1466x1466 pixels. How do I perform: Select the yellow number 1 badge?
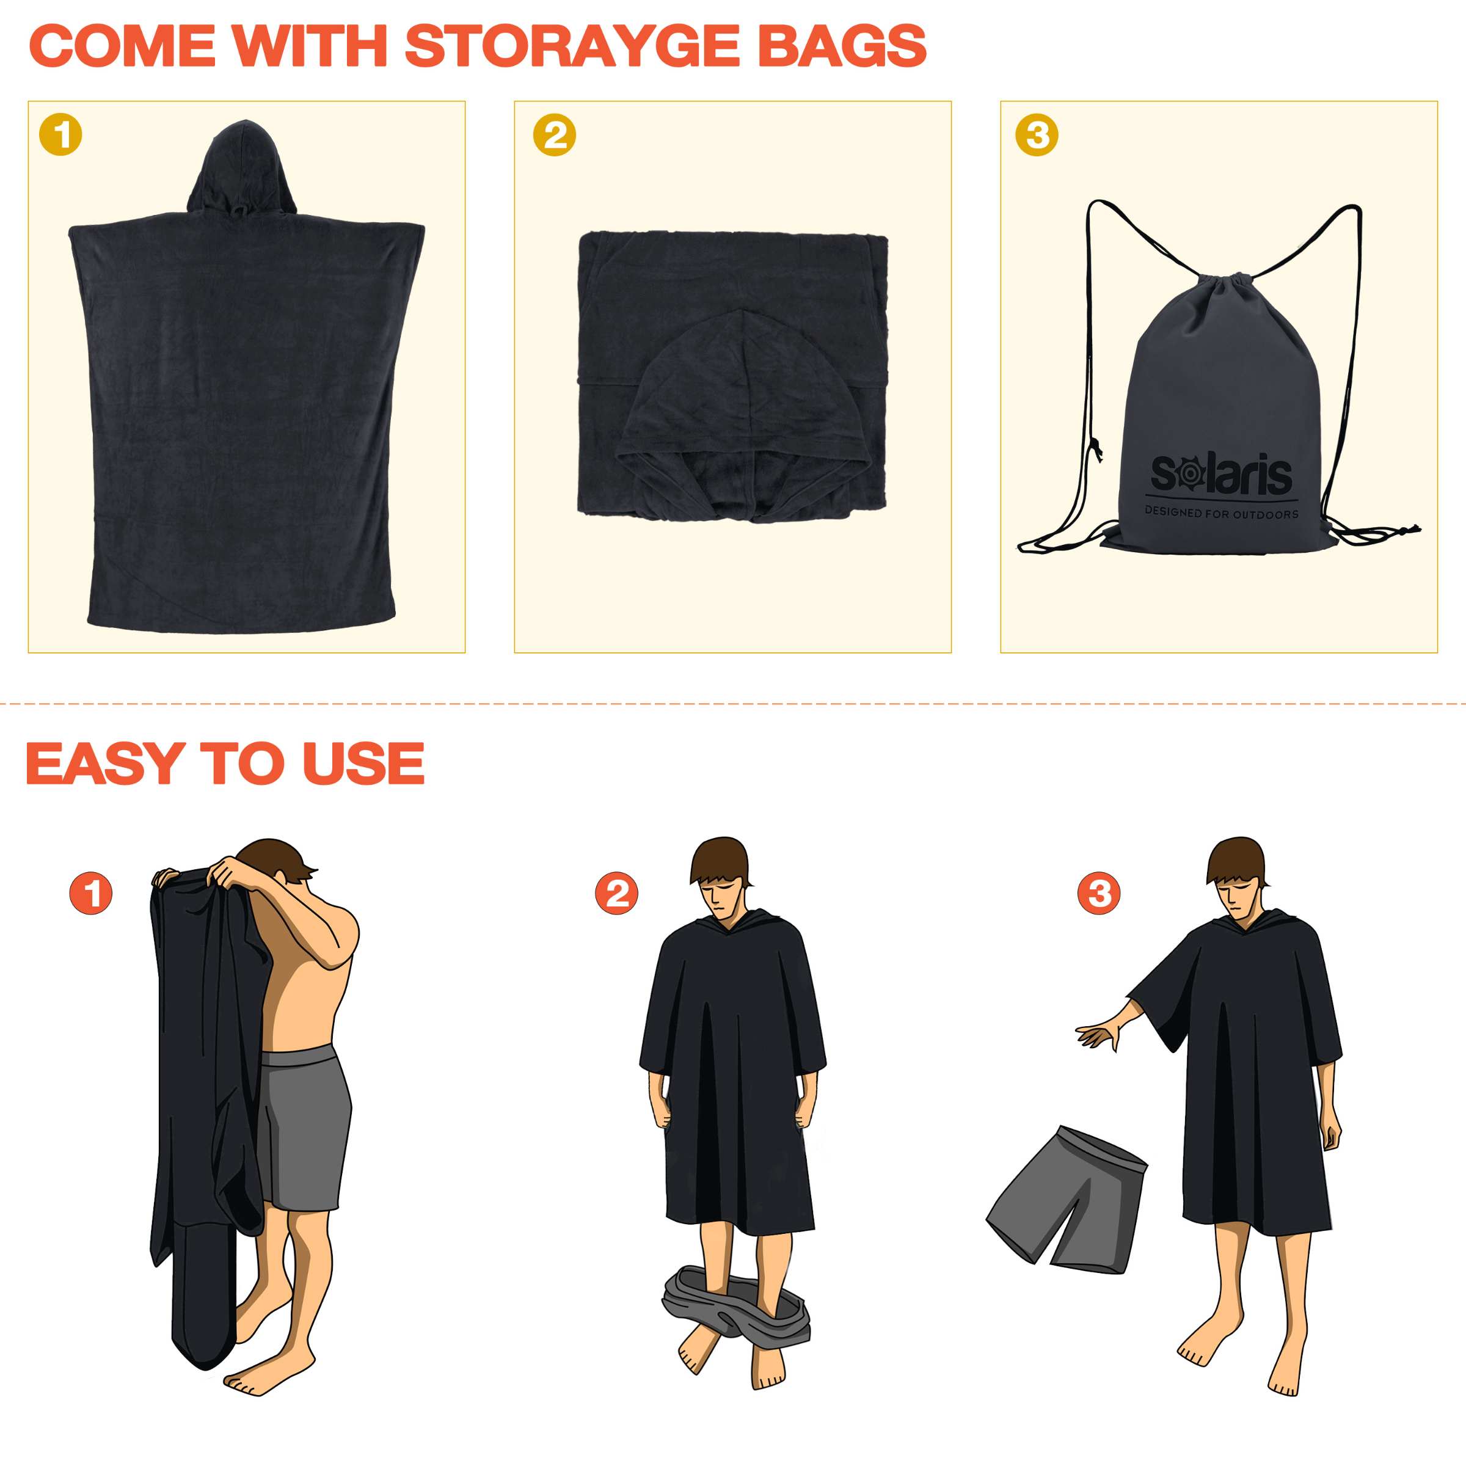point(60,135)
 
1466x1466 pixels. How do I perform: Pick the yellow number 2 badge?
point(555,135)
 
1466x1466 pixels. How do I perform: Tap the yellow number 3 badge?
point(1037,135)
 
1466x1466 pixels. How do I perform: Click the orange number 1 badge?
point(91,892)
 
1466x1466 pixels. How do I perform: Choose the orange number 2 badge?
point(617,892)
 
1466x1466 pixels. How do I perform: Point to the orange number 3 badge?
point(1099,892)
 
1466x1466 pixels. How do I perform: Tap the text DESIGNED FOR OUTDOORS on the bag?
point(1222,513)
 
